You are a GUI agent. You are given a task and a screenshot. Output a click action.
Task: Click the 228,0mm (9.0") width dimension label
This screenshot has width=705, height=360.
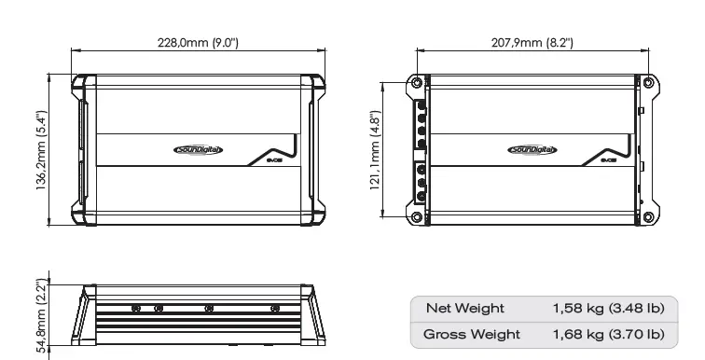click(198, 43)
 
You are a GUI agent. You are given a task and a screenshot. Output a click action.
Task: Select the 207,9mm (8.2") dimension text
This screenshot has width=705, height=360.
click(532, 43)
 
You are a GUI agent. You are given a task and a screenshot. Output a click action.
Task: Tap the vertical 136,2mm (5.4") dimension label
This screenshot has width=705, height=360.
click(41, 150)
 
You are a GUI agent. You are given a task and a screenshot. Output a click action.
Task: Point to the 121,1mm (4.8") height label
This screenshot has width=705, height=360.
click(376, 150)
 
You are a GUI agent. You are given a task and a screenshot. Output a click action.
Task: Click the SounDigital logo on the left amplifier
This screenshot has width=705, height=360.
click(198, 149)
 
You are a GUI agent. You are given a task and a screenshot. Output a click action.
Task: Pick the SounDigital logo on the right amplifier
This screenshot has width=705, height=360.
click(532, 149)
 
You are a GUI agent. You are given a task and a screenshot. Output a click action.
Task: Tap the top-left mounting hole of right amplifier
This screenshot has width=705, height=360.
click(417, 83)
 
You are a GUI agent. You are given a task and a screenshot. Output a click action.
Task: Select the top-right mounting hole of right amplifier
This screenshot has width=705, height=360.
click(648, 83)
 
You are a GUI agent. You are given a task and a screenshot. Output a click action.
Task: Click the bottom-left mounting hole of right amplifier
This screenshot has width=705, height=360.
click(417, 217)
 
